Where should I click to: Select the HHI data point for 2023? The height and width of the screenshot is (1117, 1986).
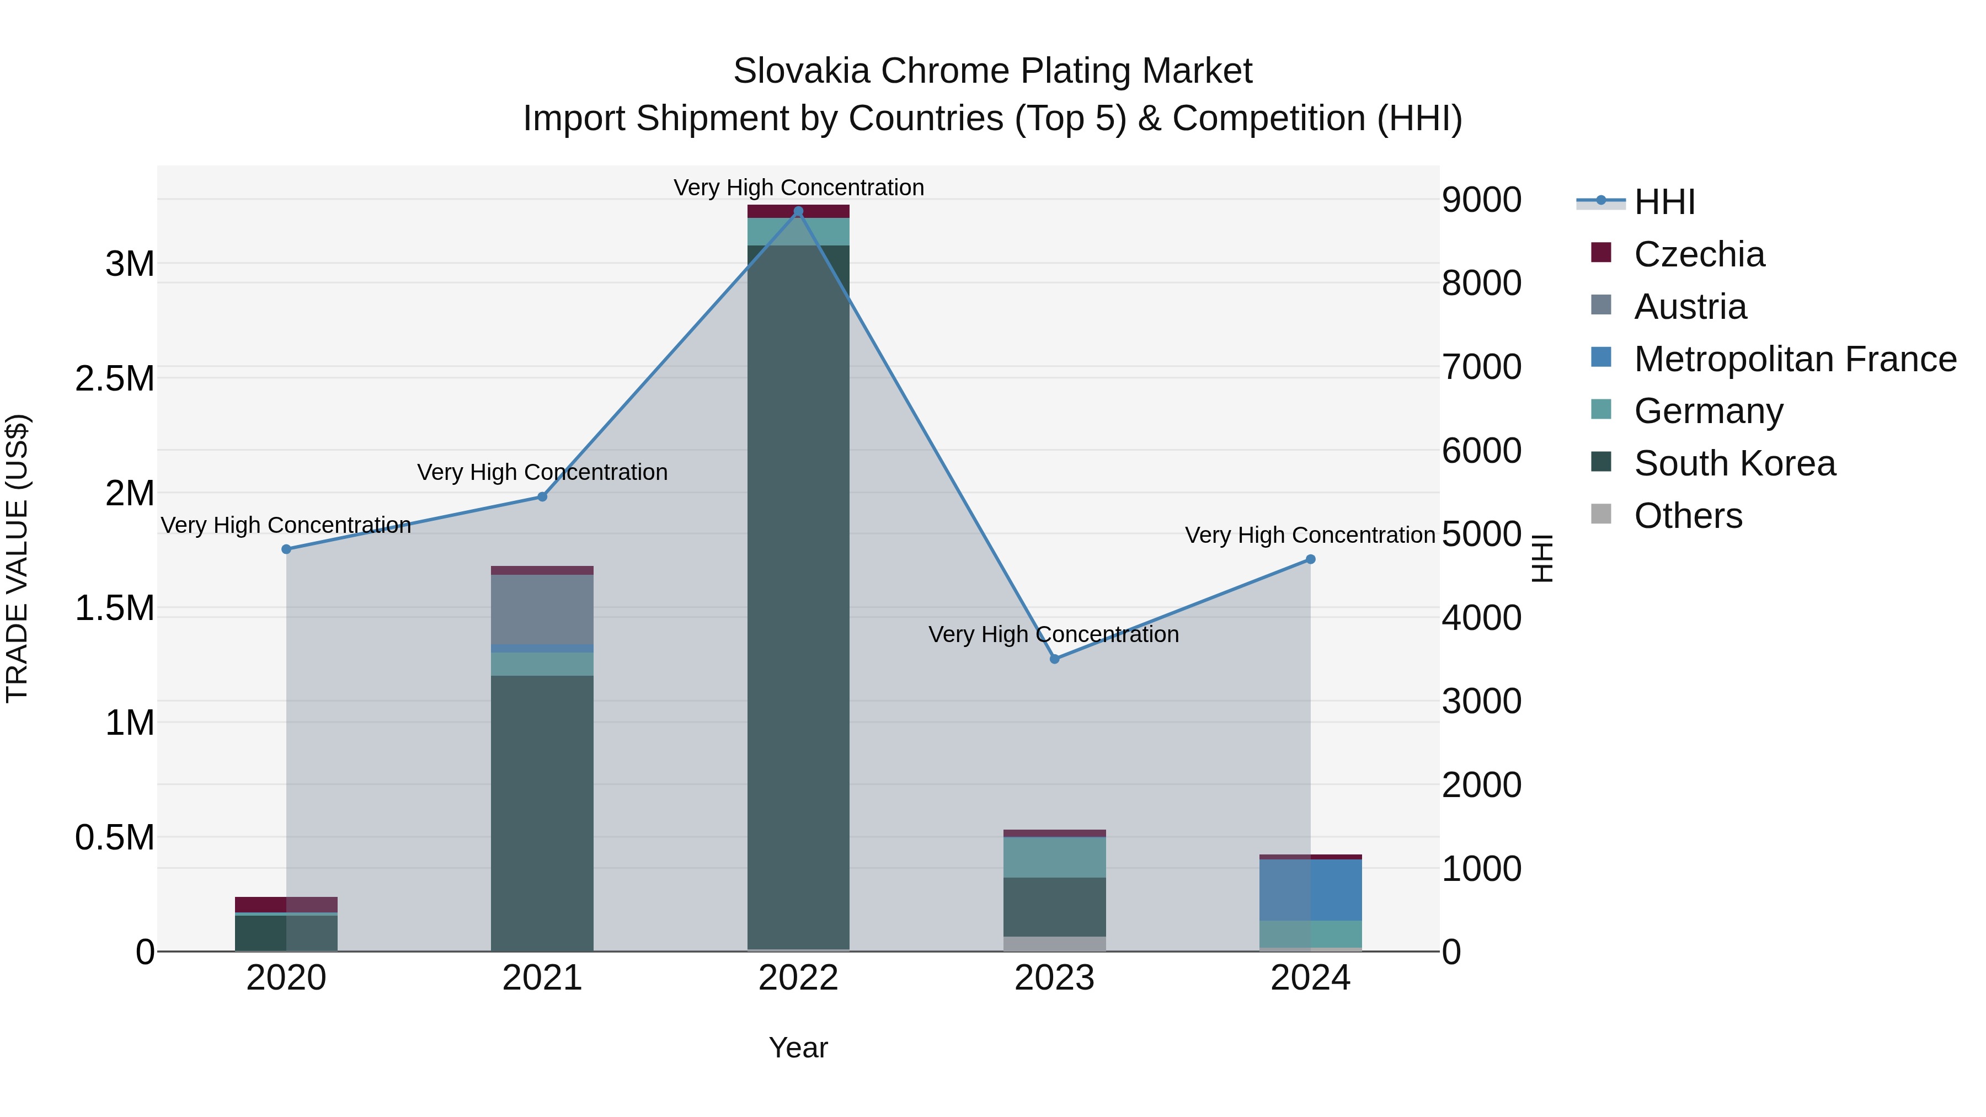tap(1055, 659)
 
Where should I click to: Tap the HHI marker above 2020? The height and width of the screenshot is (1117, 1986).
tap(286, 549)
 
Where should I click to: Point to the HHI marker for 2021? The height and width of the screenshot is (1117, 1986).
tap(542, 497)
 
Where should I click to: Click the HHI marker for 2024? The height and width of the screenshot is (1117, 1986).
tap(1311, 560)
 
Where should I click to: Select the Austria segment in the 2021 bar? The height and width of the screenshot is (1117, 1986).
tap(542, 609)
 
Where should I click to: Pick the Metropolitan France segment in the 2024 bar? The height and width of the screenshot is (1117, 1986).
tap(1311, 890)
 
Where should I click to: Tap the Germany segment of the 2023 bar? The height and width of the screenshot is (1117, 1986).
tap(1055, 857)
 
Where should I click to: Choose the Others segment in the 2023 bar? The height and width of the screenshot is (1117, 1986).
tap(1055, 944)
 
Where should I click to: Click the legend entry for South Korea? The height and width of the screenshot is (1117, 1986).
tap(1734, 464)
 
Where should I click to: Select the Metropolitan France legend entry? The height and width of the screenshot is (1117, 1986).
tap(1795, 359)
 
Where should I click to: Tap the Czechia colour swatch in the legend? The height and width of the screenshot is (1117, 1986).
tap(1601, 253)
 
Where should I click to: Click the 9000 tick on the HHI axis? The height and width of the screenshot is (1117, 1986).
tap(1481, 200)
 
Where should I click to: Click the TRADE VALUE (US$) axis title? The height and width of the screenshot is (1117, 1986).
tap(18, 558)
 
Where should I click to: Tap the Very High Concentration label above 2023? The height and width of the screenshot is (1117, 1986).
tap(1053, 634)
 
